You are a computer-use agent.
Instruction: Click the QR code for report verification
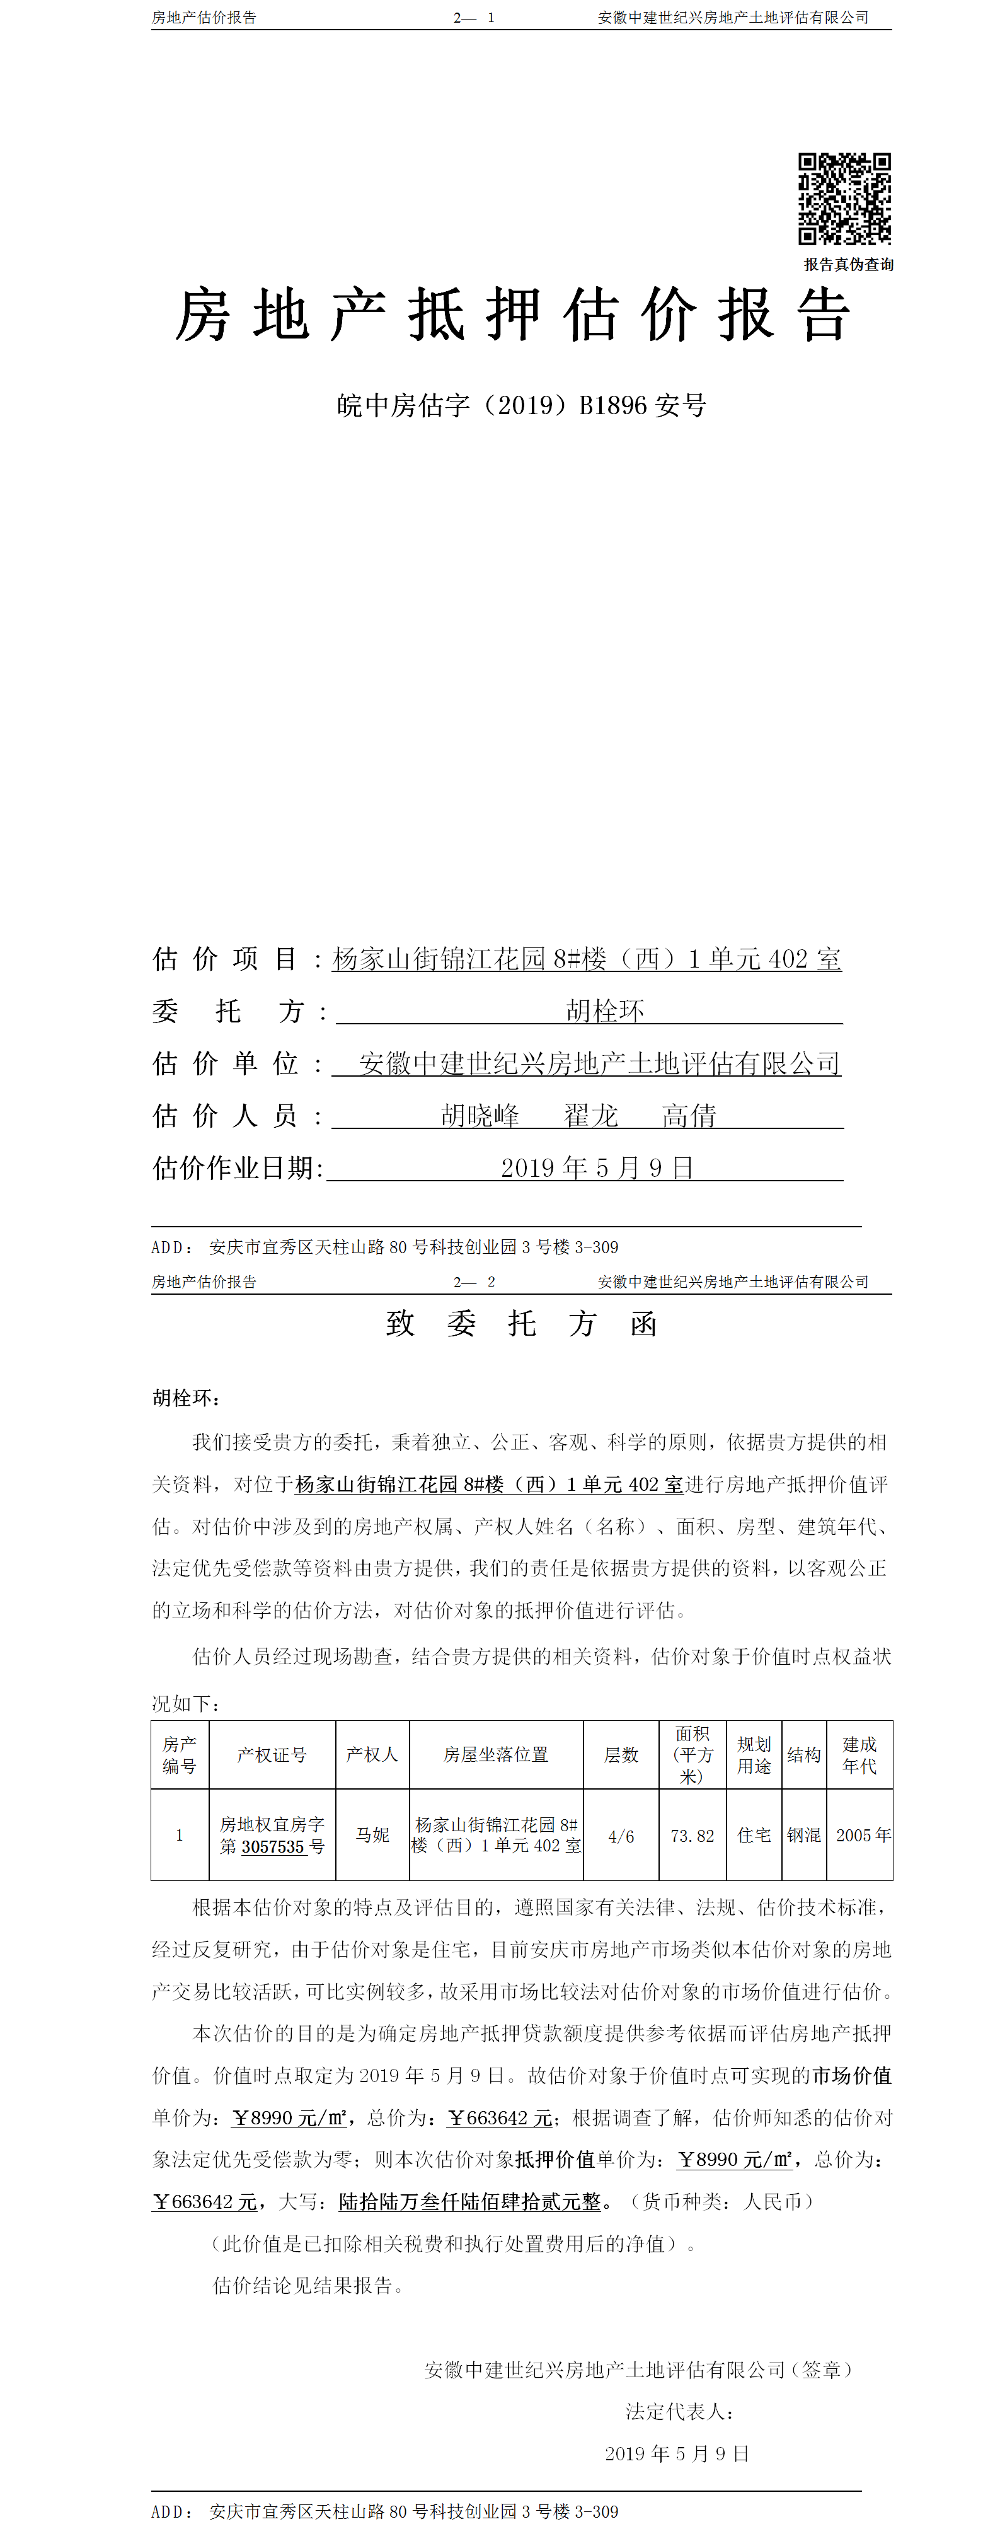click(844, 199)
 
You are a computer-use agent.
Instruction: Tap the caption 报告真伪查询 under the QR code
click(848, 264)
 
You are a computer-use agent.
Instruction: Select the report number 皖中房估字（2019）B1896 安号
click(521, 405)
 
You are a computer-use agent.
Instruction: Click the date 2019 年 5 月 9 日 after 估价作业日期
click(597, 1167)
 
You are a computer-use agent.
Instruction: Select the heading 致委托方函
click(521, 1323)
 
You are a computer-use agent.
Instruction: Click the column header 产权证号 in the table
click(272, 1754)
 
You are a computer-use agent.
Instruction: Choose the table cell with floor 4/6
click(621, 1835)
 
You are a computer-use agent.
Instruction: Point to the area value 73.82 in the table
click(692, 1835)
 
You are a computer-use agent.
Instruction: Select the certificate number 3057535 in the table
click(273, 1847)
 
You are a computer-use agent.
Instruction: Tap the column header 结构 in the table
click(804, 1754)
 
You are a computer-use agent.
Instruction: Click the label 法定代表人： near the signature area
click(679, 2411)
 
